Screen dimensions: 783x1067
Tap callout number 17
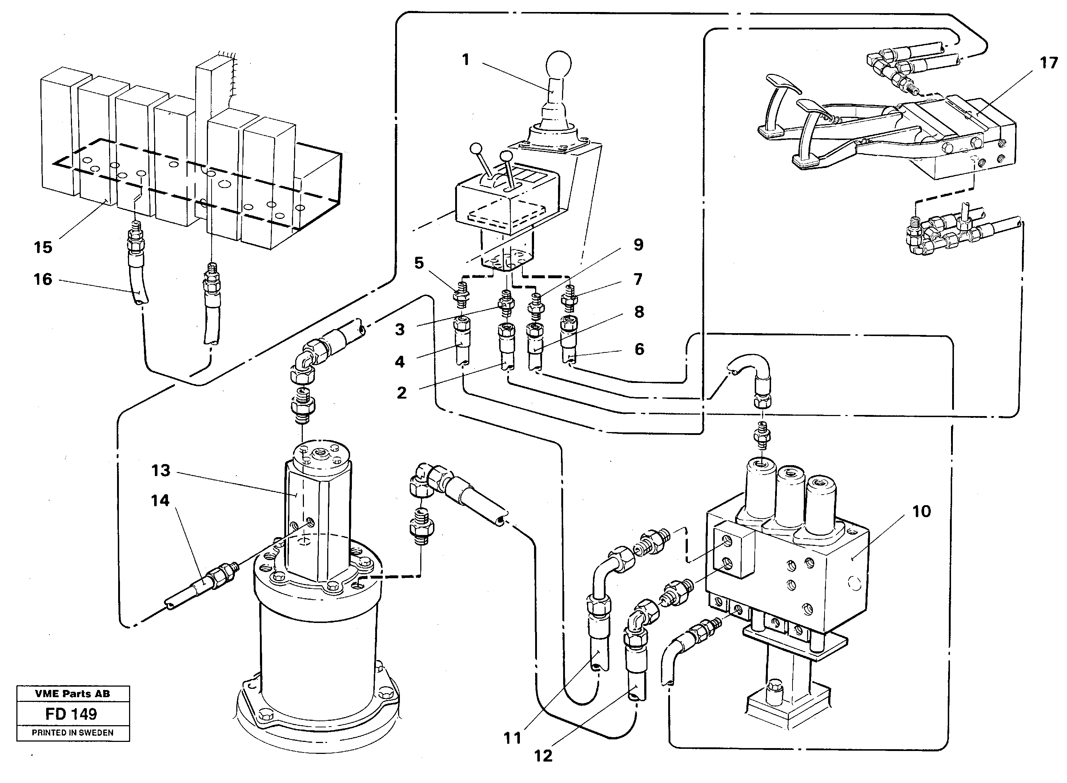(x=1048, y=63)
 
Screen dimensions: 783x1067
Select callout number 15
(x=43, y=247)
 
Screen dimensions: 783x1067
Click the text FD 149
(x=72, y=714)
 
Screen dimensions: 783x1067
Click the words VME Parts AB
(x=72, y=694)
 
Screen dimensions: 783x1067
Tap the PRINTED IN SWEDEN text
(x=72, y=732)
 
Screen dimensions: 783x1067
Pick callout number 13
(x=161, y=471)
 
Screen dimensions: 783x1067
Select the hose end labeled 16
(x=137, y=289)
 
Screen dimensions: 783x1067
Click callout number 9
(x=638, y=245)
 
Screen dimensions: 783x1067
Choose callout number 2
(x=401, y=393)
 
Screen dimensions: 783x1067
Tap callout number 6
(x=639, y=349)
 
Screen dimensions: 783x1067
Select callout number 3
(x=400, y=329)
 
